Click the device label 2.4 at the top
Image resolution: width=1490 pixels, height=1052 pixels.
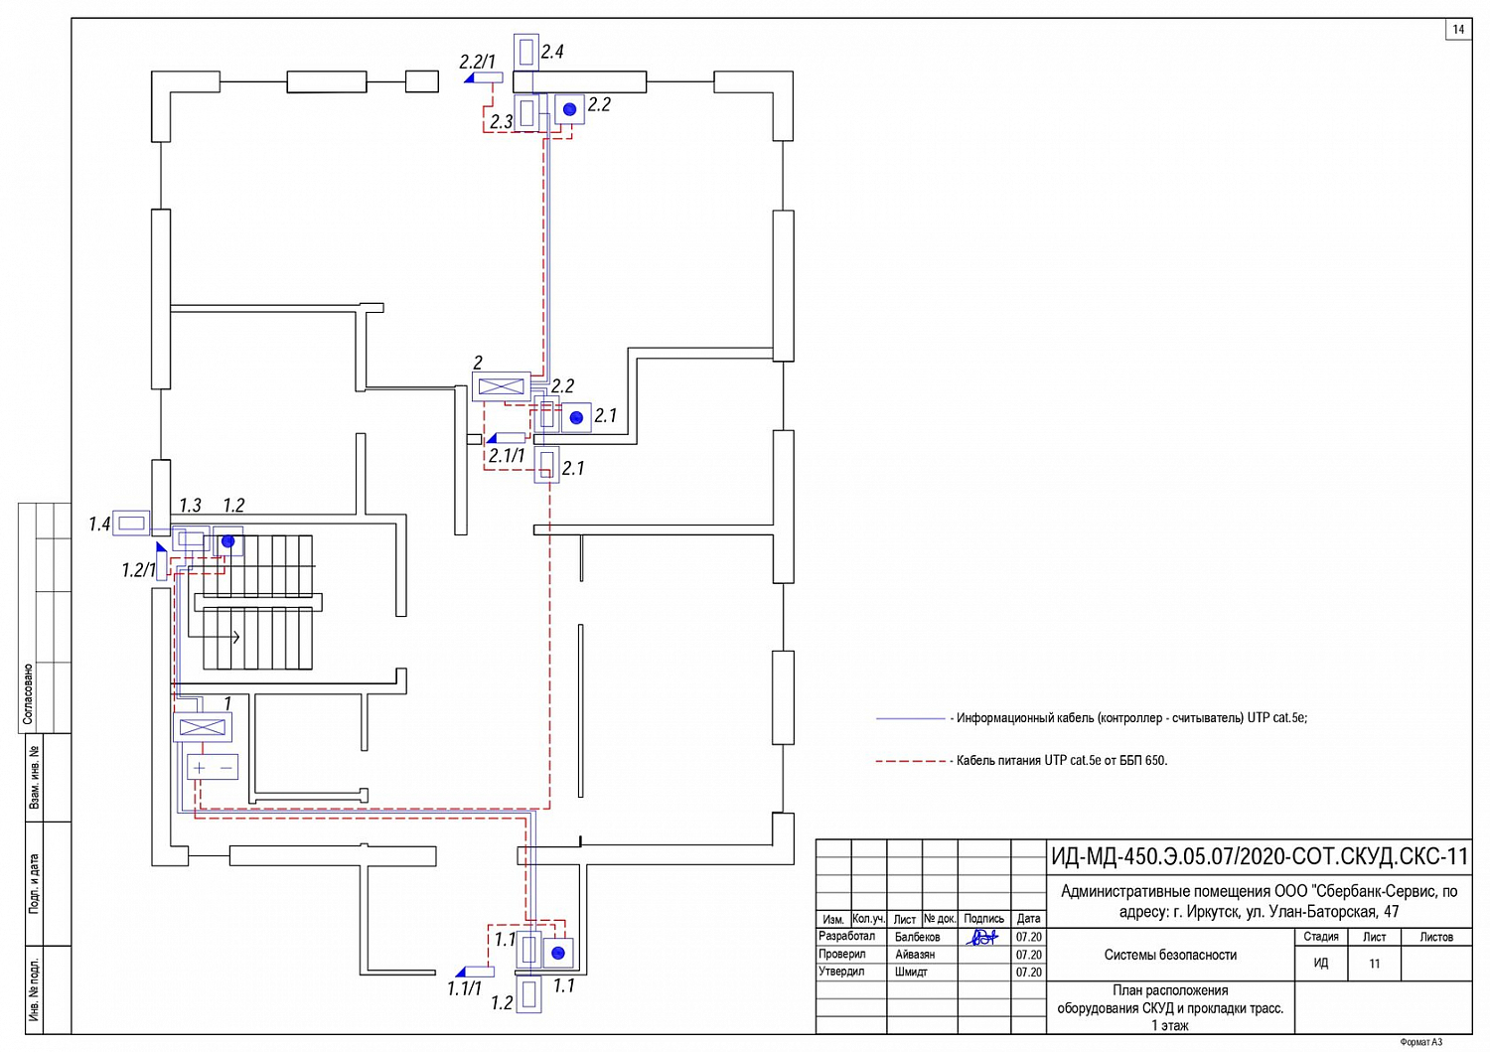coord(551,52)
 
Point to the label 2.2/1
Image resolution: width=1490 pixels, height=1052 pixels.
coord(477,62)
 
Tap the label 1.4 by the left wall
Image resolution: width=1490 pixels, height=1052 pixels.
coord(99,524)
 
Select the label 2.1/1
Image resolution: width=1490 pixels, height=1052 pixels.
coord(506,456)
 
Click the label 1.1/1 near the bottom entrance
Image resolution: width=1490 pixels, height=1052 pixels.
coord(464,988)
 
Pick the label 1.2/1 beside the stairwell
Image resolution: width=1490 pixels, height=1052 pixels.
coord(138,570)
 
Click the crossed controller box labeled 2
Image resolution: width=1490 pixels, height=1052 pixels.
coord(501,386)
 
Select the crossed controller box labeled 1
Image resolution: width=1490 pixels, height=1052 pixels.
coord(203,727)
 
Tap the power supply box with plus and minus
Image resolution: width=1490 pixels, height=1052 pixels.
coord(213,768)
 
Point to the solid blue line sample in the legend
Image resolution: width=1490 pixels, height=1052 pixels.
coord(910,718)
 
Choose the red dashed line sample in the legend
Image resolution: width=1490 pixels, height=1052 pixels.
coord(910,761)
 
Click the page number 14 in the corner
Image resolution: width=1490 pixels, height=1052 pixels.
coord(1458,29)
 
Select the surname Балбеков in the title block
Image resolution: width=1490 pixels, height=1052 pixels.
coord(917,937)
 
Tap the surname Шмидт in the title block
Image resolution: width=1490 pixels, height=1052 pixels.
coord(911,972)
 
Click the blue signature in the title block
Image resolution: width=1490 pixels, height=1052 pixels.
coord(982,937)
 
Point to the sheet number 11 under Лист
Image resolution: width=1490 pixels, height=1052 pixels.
coord(1374,964)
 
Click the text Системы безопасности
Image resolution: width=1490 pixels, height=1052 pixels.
coord(1170,955)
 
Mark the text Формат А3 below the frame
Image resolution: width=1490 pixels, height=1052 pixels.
coord(1420,1042)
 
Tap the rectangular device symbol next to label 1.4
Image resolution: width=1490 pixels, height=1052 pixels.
coord(131,523)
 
